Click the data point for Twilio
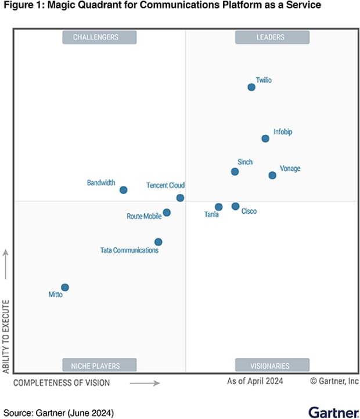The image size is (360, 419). pos(251,87)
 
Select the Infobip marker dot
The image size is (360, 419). pos(265,138)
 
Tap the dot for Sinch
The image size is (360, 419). pos(235,171)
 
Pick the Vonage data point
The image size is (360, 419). pos(272,176)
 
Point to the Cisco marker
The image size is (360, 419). pos(235,206)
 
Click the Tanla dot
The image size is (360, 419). pos(218,207)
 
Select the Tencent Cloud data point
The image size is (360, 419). pos(180,198)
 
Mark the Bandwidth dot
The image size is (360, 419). pos(123,190)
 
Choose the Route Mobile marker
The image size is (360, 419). pos(167,213)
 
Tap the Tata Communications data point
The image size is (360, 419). pos(158,242)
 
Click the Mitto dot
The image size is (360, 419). pos(65,287)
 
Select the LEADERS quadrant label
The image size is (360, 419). pos(272,37)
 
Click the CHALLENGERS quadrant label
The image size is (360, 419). pos(99,37)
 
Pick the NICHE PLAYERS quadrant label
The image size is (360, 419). pos(99,366)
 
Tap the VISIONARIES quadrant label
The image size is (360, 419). pos(272,366)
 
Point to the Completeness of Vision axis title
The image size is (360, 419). pos(62,383)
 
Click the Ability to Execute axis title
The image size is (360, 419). pos(6,336)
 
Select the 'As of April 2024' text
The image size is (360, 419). pos(255,381)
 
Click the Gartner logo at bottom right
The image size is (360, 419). pos(333,412)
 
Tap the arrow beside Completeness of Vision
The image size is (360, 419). pos(145,383)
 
